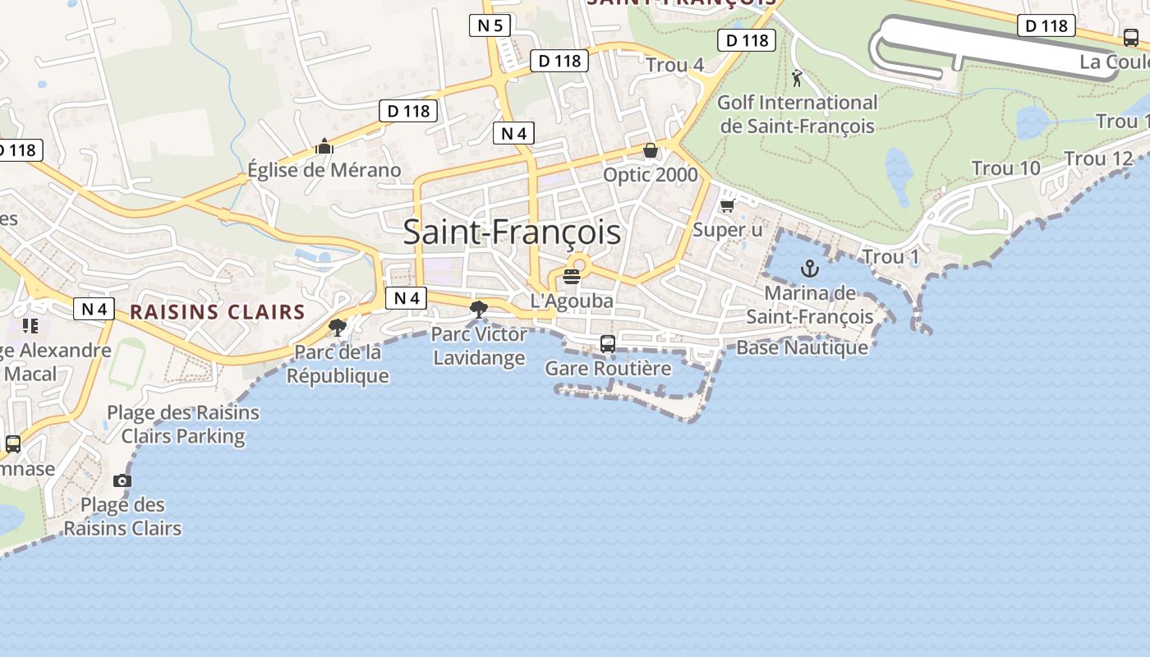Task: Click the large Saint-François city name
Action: (512, 232)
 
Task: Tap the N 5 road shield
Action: (490, 25)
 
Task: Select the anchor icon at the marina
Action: (810, 269)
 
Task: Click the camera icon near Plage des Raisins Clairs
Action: (122, 480)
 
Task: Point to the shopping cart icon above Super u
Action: (727, 205)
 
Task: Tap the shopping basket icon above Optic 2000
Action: (651, 150)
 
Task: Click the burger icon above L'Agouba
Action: (572, 276)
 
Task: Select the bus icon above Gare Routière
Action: (608, 344)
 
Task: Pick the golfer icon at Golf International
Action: (797, 79)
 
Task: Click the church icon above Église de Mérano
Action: (324, 147)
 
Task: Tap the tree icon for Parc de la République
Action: (337, 328)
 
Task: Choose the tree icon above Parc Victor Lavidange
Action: (478, 310)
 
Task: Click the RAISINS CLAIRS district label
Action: (218, 312)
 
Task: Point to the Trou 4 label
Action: (674, 65)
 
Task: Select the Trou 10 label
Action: (1005, 168)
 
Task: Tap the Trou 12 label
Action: (1098, 159)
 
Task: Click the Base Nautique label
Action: (802, 347)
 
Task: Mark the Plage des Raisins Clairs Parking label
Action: (183, 424)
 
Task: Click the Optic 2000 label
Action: (651, 175)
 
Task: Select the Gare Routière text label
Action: (608, 369)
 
